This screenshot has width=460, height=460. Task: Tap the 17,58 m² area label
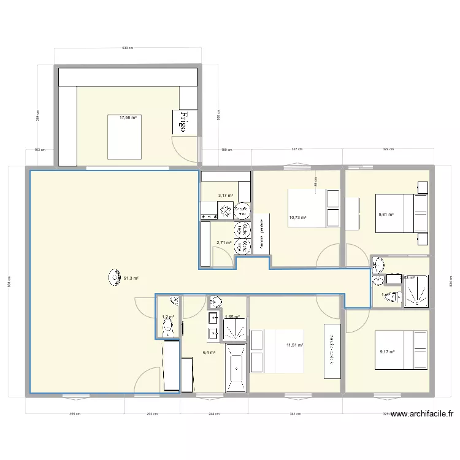pyautogui.click(x=128, y=117)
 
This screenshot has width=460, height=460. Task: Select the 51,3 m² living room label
pyautogui.click(x=131, y=278)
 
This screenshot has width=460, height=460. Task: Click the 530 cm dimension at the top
pyautogui.click(x=128, y=48)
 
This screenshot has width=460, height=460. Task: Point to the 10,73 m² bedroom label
pyautogui.click(x=297, y=217)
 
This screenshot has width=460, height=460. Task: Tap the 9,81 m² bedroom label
pyautogui.click(x=386, y=215)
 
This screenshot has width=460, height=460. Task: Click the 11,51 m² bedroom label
pyautogui.click(x=295, y=345)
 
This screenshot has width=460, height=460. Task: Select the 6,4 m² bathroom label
pyautogui.click(x=209, y=353)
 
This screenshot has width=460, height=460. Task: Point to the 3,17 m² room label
pyautogui.click(x=226, y=196)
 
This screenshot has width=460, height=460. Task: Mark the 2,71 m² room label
pyautogui.click(x=224, y=242)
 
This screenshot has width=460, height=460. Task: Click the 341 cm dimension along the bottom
pyautogui.click(x=294, y=414)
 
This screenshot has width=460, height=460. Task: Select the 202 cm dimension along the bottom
pyautogui.click(x=152, y=414)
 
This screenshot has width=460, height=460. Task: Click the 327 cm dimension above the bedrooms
pyautogui.click(x=297, y=149)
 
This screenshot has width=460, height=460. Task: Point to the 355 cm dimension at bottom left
pyautogui.click(x=74, y=414)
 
